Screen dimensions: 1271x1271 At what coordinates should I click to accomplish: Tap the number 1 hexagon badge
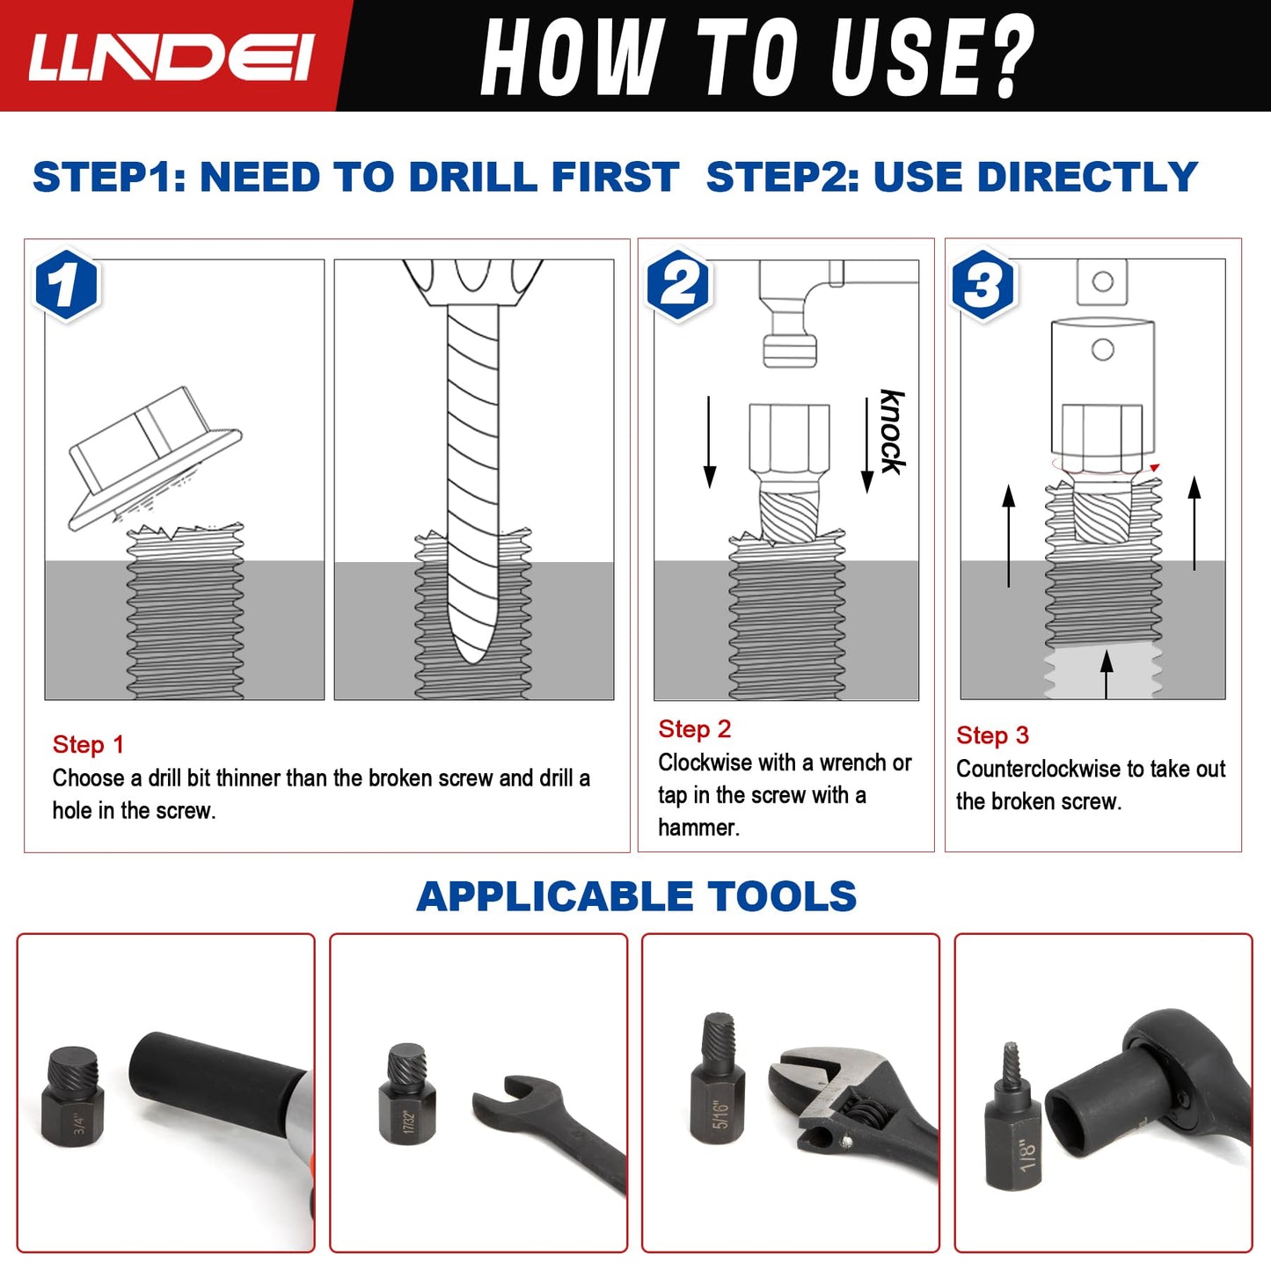point(67,286)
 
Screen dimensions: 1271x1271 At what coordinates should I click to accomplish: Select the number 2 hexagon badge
point(678,285)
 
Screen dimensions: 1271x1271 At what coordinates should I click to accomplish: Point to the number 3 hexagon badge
point(984,285)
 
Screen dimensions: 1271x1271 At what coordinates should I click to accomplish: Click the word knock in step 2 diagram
point(892,432)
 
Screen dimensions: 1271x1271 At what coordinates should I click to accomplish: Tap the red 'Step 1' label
point(88,745)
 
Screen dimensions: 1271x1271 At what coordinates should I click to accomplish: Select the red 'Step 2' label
point(694,729)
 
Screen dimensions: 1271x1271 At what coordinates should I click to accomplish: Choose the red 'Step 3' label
point(992,735)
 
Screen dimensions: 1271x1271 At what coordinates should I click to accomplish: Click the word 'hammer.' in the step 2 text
point(698,828)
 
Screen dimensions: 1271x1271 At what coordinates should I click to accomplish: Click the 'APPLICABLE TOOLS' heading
point(636,896)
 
